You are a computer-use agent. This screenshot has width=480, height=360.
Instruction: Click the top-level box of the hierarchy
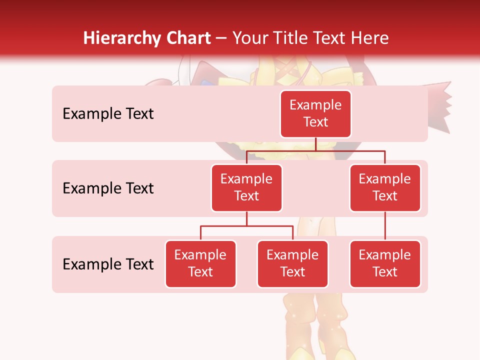tap(315, 113)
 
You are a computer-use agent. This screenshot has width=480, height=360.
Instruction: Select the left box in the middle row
tap(246, 187)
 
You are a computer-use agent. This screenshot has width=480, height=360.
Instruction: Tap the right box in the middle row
tap(385, 187)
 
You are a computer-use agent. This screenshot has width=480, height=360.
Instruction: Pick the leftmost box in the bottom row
tap(200, 263)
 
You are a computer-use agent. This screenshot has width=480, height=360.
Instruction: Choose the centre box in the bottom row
tap(292, 263)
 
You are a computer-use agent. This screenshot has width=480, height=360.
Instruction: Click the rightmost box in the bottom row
tap(385, 263)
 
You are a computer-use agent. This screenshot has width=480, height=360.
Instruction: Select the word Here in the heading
tap(370, 38)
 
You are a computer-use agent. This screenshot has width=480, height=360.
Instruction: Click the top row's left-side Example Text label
tap(108, 114)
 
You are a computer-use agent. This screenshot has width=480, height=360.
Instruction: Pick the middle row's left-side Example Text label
tap(108, 188)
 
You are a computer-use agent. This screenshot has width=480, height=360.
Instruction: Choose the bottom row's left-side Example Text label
tap(108, 264)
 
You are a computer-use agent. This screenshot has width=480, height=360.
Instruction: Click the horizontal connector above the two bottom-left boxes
tap(246, 226)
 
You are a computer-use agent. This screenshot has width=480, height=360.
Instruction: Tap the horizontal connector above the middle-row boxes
tap(315, 150)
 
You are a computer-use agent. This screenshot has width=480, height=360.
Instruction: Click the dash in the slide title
tap(221, 39)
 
